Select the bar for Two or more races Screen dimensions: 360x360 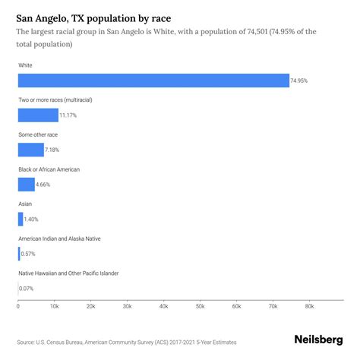(38, 115)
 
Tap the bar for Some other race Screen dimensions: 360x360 (30, 150)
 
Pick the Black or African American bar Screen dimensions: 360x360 (26, 184)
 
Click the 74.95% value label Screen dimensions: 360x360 (300, 81)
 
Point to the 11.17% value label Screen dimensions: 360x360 (69, 115)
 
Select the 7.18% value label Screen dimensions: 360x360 (55, 150)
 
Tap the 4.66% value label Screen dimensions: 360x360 (46, 184)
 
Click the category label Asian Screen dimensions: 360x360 (26, 204)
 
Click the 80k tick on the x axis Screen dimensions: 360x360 (309, 306)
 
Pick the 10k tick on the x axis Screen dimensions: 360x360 (54, 306)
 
